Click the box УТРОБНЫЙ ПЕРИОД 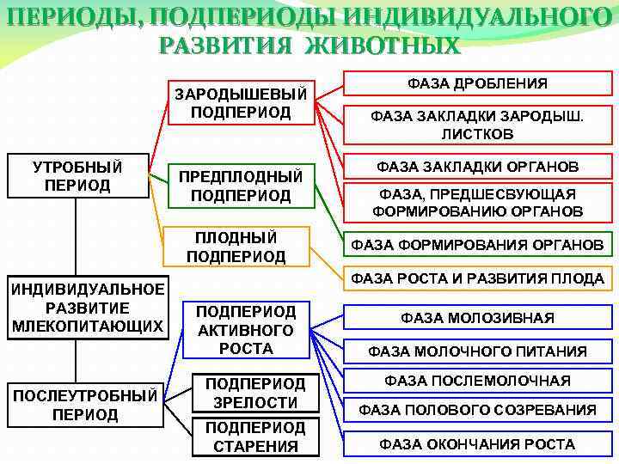click(x=77, y=175)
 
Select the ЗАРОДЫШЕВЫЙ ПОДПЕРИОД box click(x=241, y=102)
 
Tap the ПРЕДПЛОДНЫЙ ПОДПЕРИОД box click(x=241, y=186)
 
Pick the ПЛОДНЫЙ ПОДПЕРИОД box click(x=236, y=247)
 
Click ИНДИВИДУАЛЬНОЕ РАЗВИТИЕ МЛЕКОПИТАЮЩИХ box click(x=88, y=308)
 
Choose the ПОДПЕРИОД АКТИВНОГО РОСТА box click(x=246, y=330)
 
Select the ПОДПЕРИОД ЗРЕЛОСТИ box click(x=254, y=393)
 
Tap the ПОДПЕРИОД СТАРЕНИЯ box click(x=254, y=437)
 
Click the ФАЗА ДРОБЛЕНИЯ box click(x=477, y=83)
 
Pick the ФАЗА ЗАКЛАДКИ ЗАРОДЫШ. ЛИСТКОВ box click(x=477, y=125)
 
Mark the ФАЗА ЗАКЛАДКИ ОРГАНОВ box click(x=477, y=166)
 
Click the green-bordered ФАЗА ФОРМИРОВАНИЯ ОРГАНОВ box click(x=477, y=245)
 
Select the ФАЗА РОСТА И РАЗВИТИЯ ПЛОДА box click(x=477, y=278)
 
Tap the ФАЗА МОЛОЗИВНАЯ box click(x=477, y=318)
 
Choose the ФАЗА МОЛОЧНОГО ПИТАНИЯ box click(x=477, y=351)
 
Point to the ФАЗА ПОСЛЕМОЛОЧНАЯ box click(x=477, y=380)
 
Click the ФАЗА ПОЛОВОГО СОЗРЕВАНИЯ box click(x=477, y=410)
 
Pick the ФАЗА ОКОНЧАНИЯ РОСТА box click(x=477, y=443)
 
